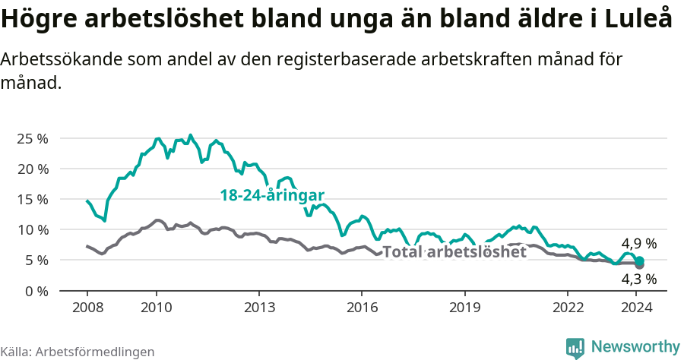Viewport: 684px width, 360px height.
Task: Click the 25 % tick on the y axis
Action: click(x=32, y=138)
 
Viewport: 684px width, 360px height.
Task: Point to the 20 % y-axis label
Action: click(x=32, y=169)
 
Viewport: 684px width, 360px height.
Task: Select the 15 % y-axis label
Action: click(x=32, y=199)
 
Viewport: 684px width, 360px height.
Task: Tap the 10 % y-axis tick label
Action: click(x=32, y=229)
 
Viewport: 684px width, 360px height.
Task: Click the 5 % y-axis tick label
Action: click(x=35, y=260)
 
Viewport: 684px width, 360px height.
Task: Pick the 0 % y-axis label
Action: click(x=35, y=290)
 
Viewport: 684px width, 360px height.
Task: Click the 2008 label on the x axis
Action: click(x=87, y=307)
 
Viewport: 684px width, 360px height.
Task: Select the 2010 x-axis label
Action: click(x=156, y=307)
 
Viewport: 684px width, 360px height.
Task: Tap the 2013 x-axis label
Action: click(x=258, y=307)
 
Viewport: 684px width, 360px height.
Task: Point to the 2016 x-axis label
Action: click(x=361, y=307)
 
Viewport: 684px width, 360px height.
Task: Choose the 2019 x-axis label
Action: click(x=464, y=307)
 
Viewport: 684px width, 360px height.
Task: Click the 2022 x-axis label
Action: click(x=567, y=307)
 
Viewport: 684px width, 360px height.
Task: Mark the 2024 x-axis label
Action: click(x=637, y=307)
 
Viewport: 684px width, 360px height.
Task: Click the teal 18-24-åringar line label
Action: click(x=272, y=195)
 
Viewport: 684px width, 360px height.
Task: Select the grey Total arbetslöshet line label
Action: click(x=454, y=252)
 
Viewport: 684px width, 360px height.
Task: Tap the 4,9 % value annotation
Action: click(x=638, y=244)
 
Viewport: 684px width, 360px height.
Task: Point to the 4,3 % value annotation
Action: click(x=638, y=279)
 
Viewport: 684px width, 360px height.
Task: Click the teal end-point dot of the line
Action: click(x=640, y=261)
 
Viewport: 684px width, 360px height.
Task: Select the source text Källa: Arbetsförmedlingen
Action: click(x=78, y=352)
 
